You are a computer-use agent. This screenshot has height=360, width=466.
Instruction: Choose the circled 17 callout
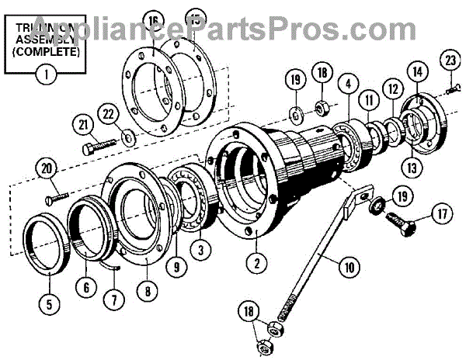[442, 211]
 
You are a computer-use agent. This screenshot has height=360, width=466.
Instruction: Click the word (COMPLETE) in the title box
[47, 55]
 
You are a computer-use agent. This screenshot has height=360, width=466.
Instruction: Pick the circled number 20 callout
[47, 168]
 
